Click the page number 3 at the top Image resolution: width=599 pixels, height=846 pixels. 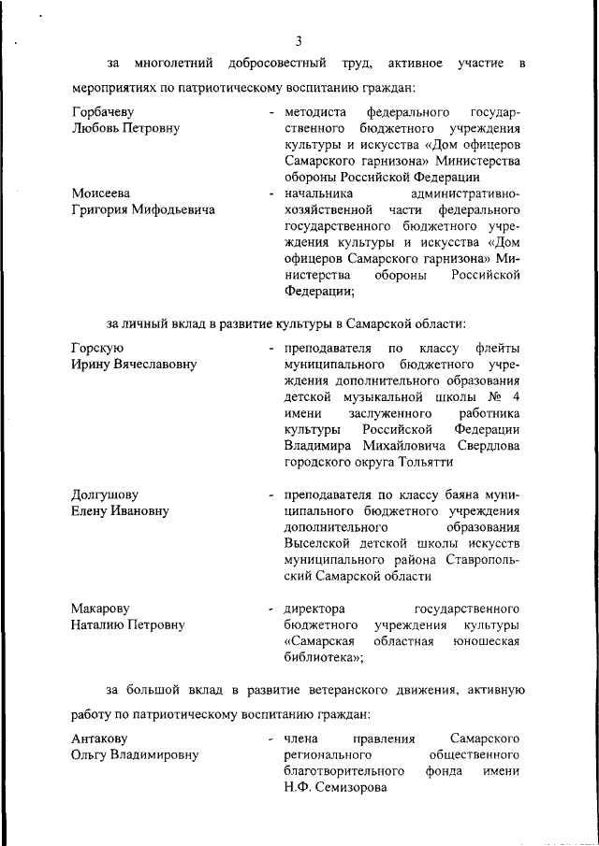pyautogui.click(x=299, y=40)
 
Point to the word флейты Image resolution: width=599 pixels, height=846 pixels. pyautogui.click(x=497, y=349)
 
